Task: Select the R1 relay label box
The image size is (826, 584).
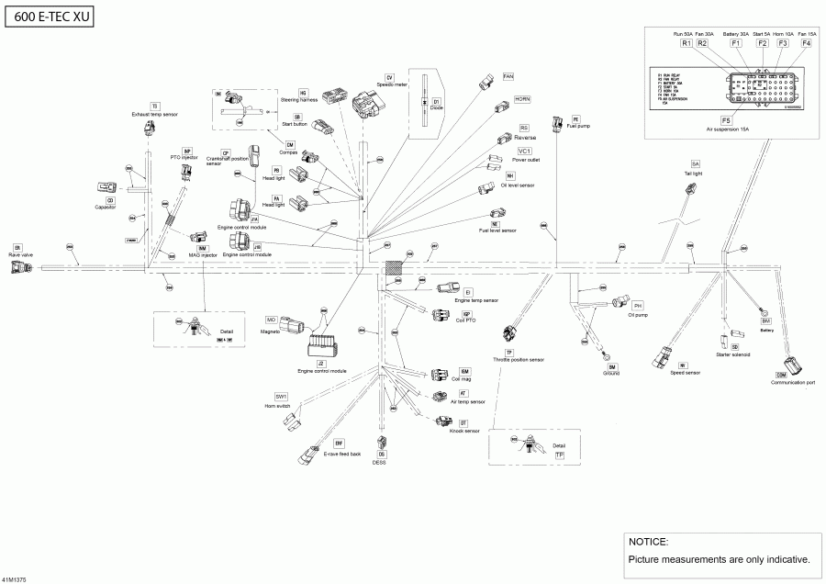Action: pos(686,43)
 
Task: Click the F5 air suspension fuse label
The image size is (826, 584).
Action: pos(727,120)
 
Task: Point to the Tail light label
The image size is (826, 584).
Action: pos(697,173)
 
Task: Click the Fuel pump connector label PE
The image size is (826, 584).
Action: pos(575,119)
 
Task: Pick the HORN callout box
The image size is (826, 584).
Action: pos(522,98)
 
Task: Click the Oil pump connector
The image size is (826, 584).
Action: pos(621,302)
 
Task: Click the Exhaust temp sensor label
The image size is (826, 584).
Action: pos(154,115)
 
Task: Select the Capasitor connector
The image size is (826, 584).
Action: pos(104,188)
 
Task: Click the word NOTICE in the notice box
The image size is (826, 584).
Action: pos(648,542)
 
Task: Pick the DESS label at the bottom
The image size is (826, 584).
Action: pos(380,463)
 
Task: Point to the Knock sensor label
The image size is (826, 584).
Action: pos(464,431)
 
